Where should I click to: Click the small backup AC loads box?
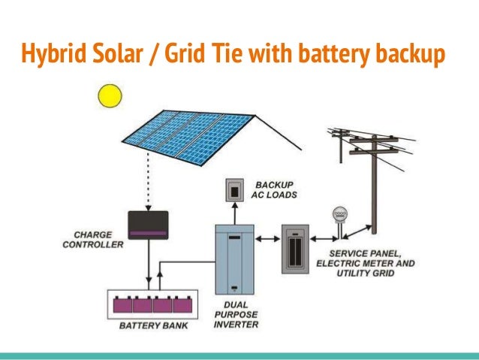235,192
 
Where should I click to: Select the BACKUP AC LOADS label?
276,189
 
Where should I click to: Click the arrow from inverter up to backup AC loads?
235,211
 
